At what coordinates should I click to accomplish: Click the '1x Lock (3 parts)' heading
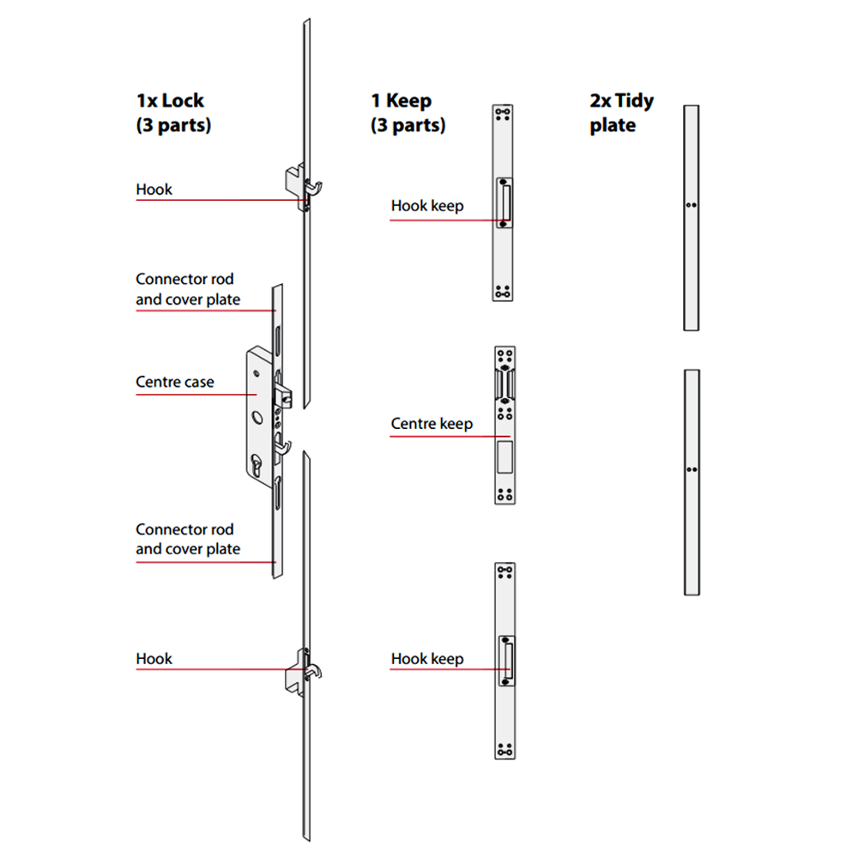click(x=172, y=112)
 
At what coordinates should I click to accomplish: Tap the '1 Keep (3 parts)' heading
click(x=408, y=112)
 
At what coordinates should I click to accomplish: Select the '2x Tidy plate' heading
click(x=621, y=112)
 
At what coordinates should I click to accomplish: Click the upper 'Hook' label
click(x=154, y=190)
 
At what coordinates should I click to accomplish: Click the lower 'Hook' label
click(x=154, y=659)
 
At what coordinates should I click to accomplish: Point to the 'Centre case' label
click(x=175, y=382)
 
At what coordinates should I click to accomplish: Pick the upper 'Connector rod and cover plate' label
click(x=188, y=290)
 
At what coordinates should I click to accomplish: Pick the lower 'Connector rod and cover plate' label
click(x=188, y=540)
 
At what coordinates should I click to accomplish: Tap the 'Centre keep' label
click(x=432, y=424)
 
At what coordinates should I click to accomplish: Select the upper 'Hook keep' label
click(x=427, y=206)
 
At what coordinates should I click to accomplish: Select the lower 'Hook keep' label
click(x=427, y=659)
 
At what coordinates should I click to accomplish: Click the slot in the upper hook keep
click(x=506, y=202)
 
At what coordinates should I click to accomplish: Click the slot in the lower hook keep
click(x=506, y=656)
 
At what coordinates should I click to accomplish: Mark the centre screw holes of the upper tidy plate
click(x=692, y=206)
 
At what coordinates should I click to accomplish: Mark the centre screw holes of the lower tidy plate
click(x=692, y=469)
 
